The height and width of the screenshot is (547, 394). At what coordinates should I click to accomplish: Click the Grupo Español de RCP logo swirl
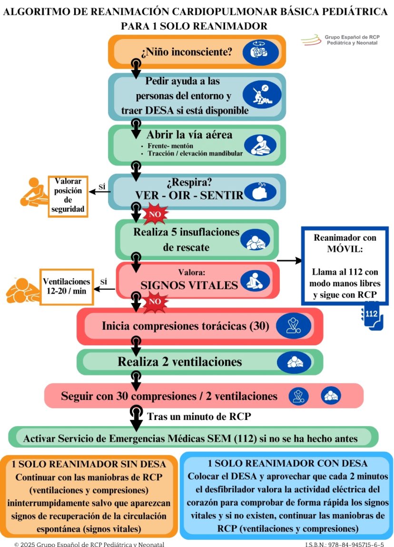(x=311, y=40)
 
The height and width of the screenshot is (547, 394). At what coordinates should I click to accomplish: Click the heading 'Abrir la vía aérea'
(x=189, y=134)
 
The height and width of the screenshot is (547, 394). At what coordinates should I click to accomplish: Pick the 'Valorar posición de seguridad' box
(x=68, y=196)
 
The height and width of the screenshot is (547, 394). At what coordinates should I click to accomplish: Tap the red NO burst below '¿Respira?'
(x=155, y=215)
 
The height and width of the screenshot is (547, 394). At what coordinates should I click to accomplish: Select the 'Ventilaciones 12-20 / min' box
(x=66, y=285)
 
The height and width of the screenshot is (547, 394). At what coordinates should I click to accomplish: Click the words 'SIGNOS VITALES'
(x=189, y=285)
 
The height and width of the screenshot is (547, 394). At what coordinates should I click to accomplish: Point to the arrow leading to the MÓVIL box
(x=289, y=260)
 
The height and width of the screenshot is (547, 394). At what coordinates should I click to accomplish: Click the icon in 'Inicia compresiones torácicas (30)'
(x=293, y=326)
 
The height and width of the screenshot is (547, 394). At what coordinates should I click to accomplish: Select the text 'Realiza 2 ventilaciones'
(x=180, y=362)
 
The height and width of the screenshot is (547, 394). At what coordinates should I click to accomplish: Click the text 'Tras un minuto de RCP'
(x=199, y=417)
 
